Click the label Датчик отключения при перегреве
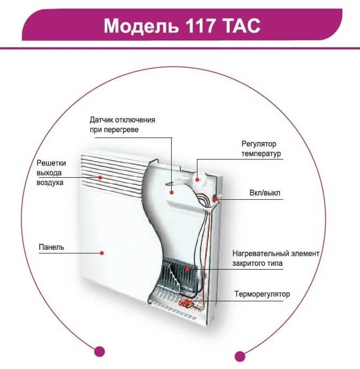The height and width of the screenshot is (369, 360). (x=122, y=125)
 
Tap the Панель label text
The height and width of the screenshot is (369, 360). (x=52, y=248)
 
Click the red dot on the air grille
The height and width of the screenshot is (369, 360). (x=99, y=176)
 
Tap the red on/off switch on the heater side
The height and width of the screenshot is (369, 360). (x=216, y=199)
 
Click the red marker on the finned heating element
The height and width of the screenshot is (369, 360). (x=186, y=267)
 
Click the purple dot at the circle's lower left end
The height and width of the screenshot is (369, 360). (x=98, y=352)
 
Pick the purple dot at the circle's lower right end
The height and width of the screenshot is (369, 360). (x=240, y=356)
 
